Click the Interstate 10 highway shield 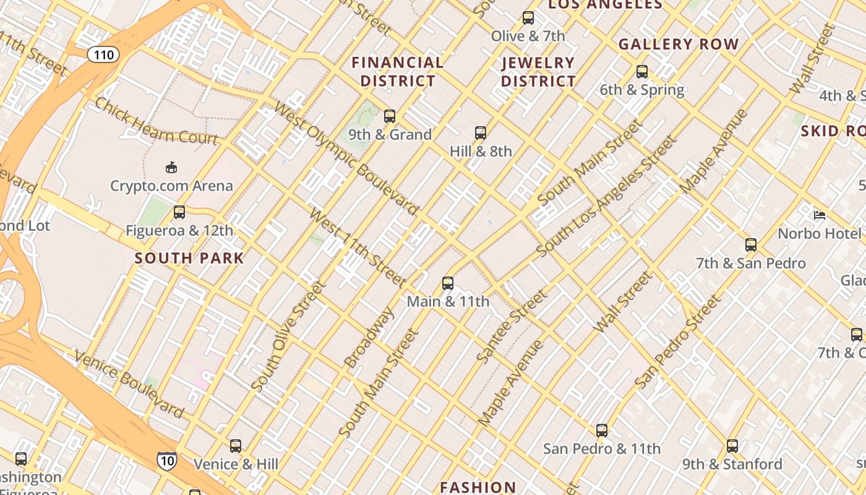(x=166, y=460)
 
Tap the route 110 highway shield (x=103, y=55)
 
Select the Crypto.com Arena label (x=171, y=186)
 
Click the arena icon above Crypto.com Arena (x=171, y=167)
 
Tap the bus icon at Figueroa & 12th (x=179, y=212)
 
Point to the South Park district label (x=189, y=258)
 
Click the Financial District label (x=398, y=72)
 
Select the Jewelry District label (x=538, y=72)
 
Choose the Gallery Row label (x=679, y=45)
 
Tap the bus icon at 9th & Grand (x=390, y=116)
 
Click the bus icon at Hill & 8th (x=481, y=132)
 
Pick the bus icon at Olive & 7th (x=528, y=18)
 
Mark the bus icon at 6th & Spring (x=642, y=72)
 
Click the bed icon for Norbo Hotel (x=820, y=215)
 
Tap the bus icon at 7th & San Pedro (x=751, y=245)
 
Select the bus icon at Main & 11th (x=448, y=283)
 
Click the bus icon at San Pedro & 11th (x=602, y=431)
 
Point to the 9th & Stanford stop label (x=732, y=464)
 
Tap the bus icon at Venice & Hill (x=236, y=446)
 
